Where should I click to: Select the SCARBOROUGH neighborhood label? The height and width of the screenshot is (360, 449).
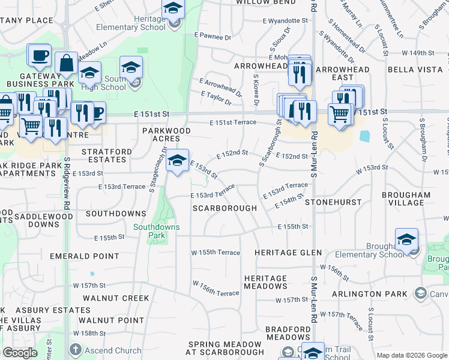pos(224,208)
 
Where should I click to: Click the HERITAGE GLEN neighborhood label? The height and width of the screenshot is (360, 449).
pos(288,253)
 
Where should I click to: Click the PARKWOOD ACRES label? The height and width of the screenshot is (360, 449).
pos(166,134)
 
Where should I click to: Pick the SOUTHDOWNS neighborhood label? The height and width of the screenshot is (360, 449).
pos(116,214)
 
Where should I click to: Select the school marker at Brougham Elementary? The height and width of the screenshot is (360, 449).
pos(406,239)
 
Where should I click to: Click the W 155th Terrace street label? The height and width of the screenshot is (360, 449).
pos(215,253)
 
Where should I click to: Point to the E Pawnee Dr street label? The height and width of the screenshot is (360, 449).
pos(212,37)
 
